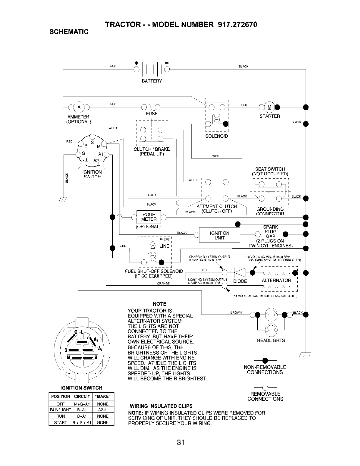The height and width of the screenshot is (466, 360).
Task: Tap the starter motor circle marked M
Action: (x=269, y=107)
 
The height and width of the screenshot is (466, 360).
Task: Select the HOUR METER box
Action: (x=148, y=217)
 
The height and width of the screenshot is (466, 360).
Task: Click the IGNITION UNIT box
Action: (x=219, y=235)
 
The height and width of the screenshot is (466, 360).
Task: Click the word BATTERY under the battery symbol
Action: (x=152, y=81)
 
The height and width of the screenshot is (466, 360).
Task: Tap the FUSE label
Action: (x=152, y=114)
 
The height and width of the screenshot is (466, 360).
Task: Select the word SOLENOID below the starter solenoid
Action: (x=216, y=136)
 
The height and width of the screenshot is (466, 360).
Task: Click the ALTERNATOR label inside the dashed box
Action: (x=276, y=280)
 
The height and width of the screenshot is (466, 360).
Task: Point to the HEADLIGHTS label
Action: (x=271, y=340)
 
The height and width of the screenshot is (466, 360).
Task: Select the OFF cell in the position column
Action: (x=60, y=404)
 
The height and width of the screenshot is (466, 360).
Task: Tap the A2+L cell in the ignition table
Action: (x=103, y=410)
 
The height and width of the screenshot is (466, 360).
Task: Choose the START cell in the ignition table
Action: (x=60, y=422)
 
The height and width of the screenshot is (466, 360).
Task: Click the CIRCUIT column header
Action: (x=81, y=396)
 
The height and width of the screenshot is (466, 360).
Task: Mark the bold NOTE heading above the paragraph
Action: (x=160, y=304)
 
